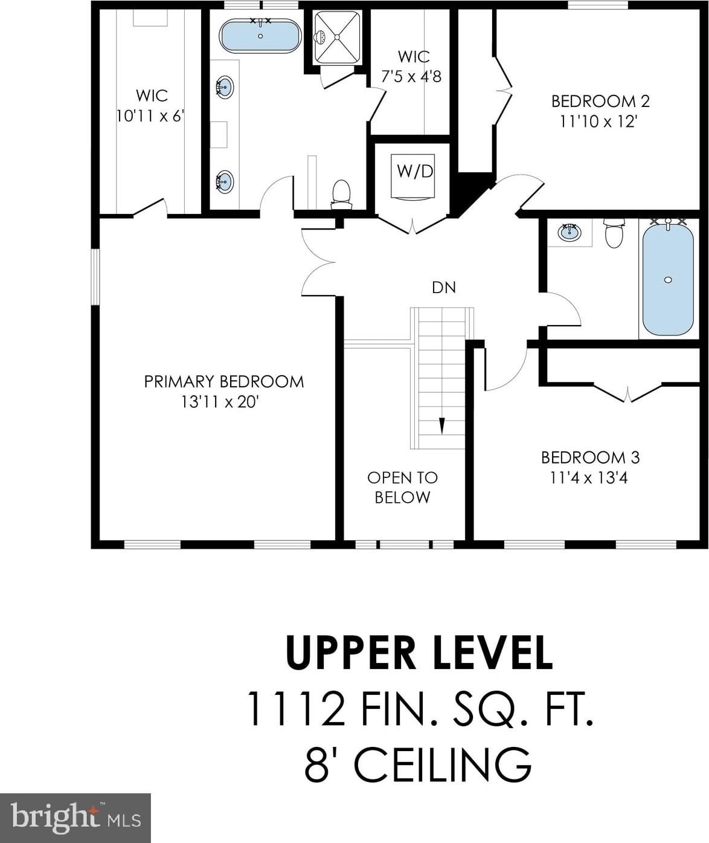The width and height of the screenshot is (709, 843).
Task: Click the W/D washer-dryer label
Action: (415, 171)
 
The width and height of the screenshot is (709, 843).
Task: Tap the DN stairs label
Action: (444, 288)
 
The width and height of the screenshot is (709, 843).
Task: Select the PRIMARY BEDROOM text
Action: (224, 381)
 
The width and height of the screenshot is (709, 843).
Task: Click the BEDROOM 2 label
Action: (600, 101)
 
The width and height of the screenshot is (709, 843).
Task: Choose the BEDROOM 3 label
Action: (591, 457)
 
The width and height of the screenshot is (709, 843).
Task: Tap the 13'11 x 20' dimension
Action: (219, 402)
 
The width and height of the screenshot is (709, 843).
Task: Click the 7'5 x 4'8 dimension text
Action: (412, 76)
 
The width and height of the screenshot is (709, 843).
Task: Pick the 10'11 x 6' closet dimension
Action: (150, 116)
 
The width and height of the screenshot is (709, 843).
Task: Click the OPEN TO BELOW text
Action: (402, 487)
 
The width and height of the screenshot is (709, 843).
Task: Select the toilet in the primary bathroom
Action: (341, 195)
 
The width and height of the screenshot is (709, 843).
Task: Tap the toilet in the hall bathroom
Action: (614, 233)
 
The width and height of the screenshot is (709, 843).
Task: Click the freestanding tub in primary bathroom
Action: (260, 36)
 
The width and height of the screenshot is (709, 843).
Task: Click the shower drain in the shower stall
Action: (338, 37)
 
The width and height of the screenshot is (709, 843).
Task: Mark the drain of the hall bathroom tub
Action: (668, 280)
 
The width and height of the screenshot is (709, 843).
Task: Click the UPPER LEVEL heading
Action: (419, 653)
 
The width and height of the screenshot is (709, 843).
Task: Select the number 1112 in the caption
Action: (297, 709)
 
